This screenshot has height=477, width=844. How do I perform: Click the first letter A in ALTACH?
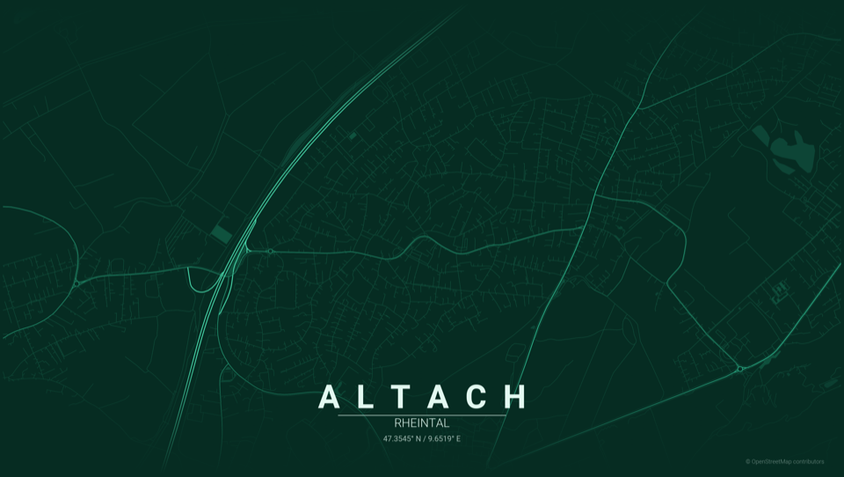(328, 397)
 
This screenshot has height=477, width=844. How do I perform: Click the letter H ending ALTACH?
(515, 397)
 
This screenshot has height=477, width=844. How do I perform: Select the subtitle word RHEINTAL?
(422, 423)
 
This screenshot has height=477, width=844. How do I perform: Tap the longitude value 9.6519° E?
(445, 438)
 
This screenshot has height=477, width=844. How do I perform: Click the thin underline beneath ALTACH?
(422, 415)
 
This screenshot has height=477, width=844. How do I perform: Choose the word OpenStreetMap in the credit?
(770, 461)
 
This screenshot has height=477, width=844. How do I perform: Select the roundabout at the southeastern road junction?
(740, 369)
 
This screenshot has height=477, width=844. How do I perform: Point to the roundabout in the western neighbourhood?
(76, 283)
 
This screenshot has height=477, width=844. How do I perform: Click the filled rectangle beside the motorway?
(221, 232)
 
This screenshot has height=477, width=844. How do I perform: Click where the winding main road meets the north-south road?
(586, 227)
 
